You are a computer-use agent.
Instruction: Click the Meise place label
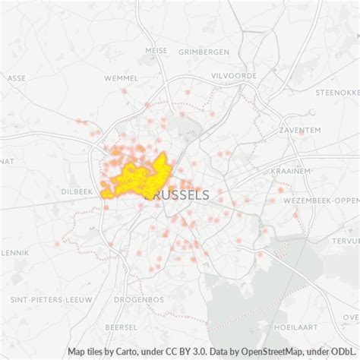coord(156,51)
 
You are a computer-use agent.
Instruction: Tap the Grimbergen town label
coord(204,52)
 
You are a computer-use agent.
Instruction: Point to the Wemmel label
coord(122,78)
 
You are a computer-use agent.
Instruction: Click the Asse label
coord(16,77)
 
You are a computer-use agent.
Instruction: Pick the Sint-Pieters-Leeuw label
coord(46,279)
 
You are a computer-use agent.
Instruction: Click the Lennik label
coord(14,251)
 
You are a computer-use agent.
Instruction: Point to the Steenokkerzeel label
coord(338,93)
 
